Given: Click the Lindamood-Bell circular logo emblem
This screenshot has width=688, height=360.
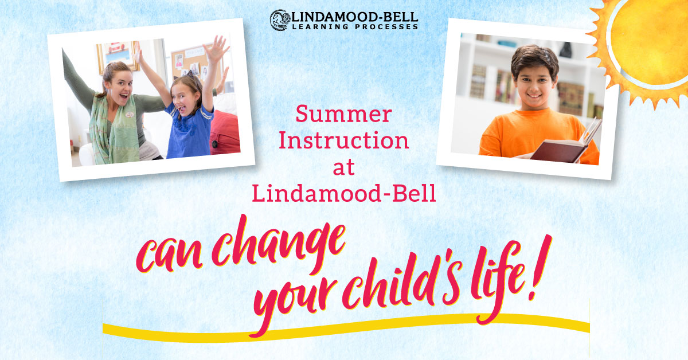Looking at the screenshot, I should (x=279, y=19).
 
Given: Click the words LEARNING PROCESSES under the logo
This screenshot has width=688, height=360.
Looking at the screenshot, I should (x=355, y=26).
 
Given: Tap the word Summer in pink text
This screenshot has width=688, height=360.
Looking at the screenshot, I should (x=343, y=115).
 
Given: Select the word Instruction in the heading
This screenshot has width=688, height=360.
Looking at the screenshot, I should (x=344, y=141).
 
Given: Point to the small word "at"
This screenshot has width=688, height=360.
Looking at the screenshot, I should (x=344, y=168).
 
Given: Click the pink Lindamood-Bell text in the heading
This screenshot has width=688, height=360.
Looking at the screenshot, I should (x=344, y=194).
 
